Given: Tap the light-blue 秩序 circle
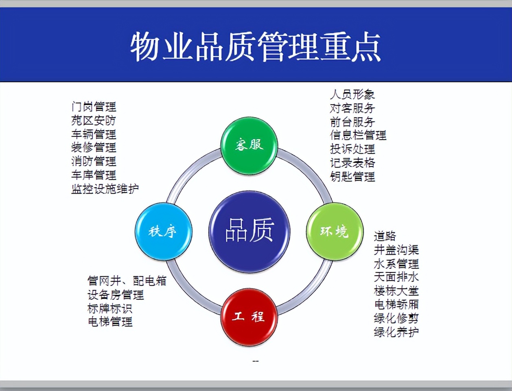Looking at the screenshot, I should [x=163, y=231].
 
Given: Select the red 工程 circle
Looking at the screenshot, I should [x=249, y=317].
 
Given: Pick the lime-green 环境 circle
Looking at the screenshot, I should [x=335, y=231].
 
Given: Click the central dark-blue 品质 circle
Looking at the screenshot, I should [x=249, y=231].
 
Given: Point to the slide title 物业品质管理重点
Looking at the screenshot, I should [x=256, y=46].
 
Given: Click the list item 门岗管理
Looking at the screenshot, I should [x=94, y=107].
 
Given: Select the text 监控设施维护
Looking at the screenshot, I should [x=105, y=189].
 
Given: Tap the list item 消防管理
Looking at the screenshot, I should [x=94, y=162].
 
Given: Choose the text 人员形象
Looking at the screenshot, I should [x=352, y=94].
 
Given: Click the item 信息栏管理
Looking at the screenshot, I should [x=358, y=135].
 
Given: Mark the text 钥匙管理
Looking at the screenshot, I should [x=352, y=177].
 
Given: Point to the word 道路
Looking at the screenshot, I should [x=385, y=236].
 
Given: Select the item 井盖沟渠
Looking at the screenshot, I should [x=396, y=250].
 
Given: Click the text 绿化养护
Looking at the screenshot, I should [x=396, y=332].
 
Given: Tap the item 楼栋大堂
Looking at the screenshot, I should [x=396, y=291].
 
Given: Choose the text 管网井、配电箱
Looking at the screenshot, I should [x=127, y=281].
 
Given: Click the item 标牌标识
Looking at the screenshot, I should [x=110, y=308].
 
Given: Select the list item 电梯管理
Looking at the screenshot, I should [x=110, y=322].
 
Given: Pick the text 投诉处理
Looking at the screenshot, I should [x=352, y=149].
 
